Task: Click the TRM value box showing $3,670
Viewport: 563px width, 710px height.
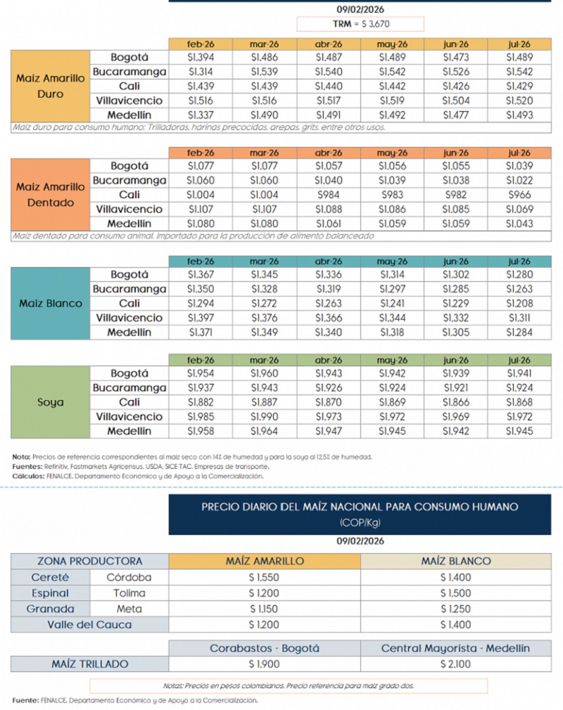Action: click(x=360, y=24)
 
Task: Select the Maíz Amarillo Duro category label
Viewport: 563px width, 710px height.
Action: click(x=50, y=86)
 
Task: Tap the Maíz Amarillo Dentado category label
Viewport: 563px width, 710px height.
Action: click(x=50, y=194)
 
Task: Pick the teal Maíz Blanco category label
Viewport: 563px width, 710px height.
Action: click(x=50, y=304)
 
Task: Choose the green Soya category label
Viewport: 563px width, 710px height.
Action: click(x=50, y=403)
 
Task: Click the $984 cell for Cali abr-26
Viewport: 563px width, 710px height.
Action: click(x=329, y=195)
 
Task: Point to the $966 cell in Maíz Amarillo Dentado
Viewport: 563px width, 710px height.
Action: click(x=519, y=195)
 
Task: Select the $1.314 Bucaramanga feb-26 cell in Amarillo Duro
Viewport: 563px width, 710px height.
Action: click(x=201, y=72)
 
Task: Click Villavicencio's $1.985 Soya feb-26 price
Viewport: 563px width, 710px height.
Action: click(x=201, y=417)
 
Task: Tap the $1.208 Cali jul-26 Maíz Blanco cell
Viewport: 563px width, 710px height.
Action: click(x=519, y=304)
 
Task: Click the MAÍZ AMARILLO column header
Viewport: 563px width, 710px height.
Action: click(x=265, y=561)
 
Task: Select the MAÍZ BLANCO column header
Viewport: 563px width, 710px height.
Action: click(x=456, y=561)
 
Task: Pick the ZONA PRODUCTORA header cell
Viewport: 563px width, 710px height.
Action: click(x=89, y=561)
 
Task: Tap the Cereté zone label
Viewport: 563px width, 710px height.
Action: click(x=50, y=577)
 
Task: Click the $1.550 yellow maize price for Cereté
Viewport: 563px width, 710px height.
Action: click(x=265, y=577)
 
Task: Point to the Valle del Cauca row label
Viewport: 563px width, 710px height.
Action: click(x=89, y=624)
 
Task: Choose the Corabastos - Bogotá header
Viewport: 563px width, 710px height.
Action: click(x=265, y=648)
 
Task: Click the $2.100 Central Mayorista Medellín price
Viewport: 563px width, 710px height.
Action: click(x=456, y=664)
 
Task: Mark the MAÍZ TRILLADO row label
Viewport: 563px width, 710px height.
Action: click(x=89, y=664)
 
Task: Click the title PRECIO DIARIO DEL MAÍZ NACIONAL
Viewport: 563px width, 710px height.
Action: click(x=360, y=506)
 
